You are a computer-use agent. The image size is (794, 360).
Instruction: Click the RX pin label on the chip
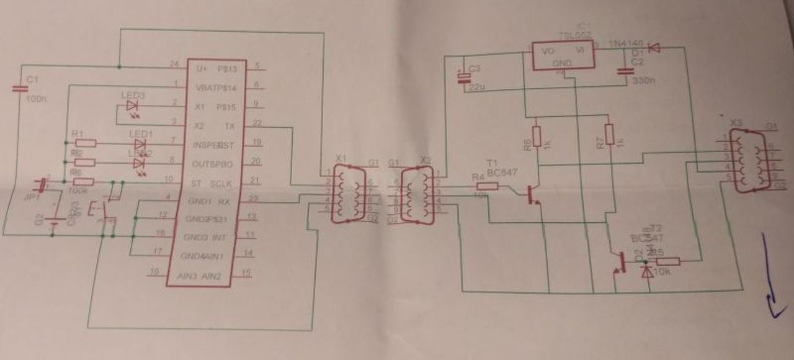pos(225,201)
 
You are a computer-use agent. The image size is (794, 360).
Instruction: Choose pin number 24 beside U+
pos(174,63)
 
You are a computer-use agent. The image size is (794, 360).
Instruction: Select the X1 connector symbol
pos(347,193)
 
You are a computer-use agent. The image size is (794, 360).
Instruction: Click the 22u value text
pos(477,86)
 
